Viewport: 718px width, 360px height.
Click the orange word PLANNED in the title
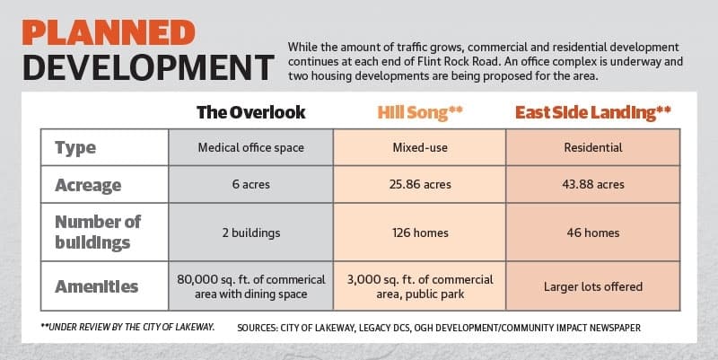coord(109,32)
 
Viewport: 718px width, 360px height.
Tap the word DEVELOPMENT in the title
coord(148,67)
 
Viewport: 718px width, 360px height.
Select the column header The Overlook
coord(251,112)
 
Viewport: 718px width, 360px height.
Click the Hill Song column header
coord(420,113)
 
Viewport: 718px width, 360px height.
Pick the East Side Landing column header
coord(593,113)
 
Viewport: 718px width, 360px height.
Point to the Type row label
coord(75,148)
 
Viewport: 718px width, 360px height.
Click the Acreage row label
coord(88,186)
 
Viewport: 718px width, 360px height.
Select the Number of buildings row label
coord(98,233)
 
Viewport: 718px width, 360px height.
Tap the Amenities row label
coord(97,286)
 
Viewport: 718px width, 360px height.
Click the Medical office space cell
coord(251,147)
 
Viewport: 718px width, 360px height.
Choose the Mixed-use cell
coord(420,147)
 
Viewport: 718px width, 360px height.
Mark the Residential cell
coord(593,147)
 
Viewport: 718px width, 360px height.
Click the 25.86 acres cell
coord(420,185)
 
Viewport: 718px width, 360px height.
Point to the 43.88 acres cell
coord(593,185)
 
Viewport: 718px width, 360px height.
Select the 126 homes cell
coord(420,233)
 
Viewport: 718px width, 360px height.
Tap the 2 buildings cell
coord(251,233)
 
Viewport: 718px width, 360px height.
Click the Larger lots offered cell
coord(593,286)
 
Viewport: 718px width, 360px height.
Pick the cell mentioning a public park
coord(420,286)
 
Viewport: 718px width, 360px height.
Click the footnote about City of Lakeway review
coord(127,327)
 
